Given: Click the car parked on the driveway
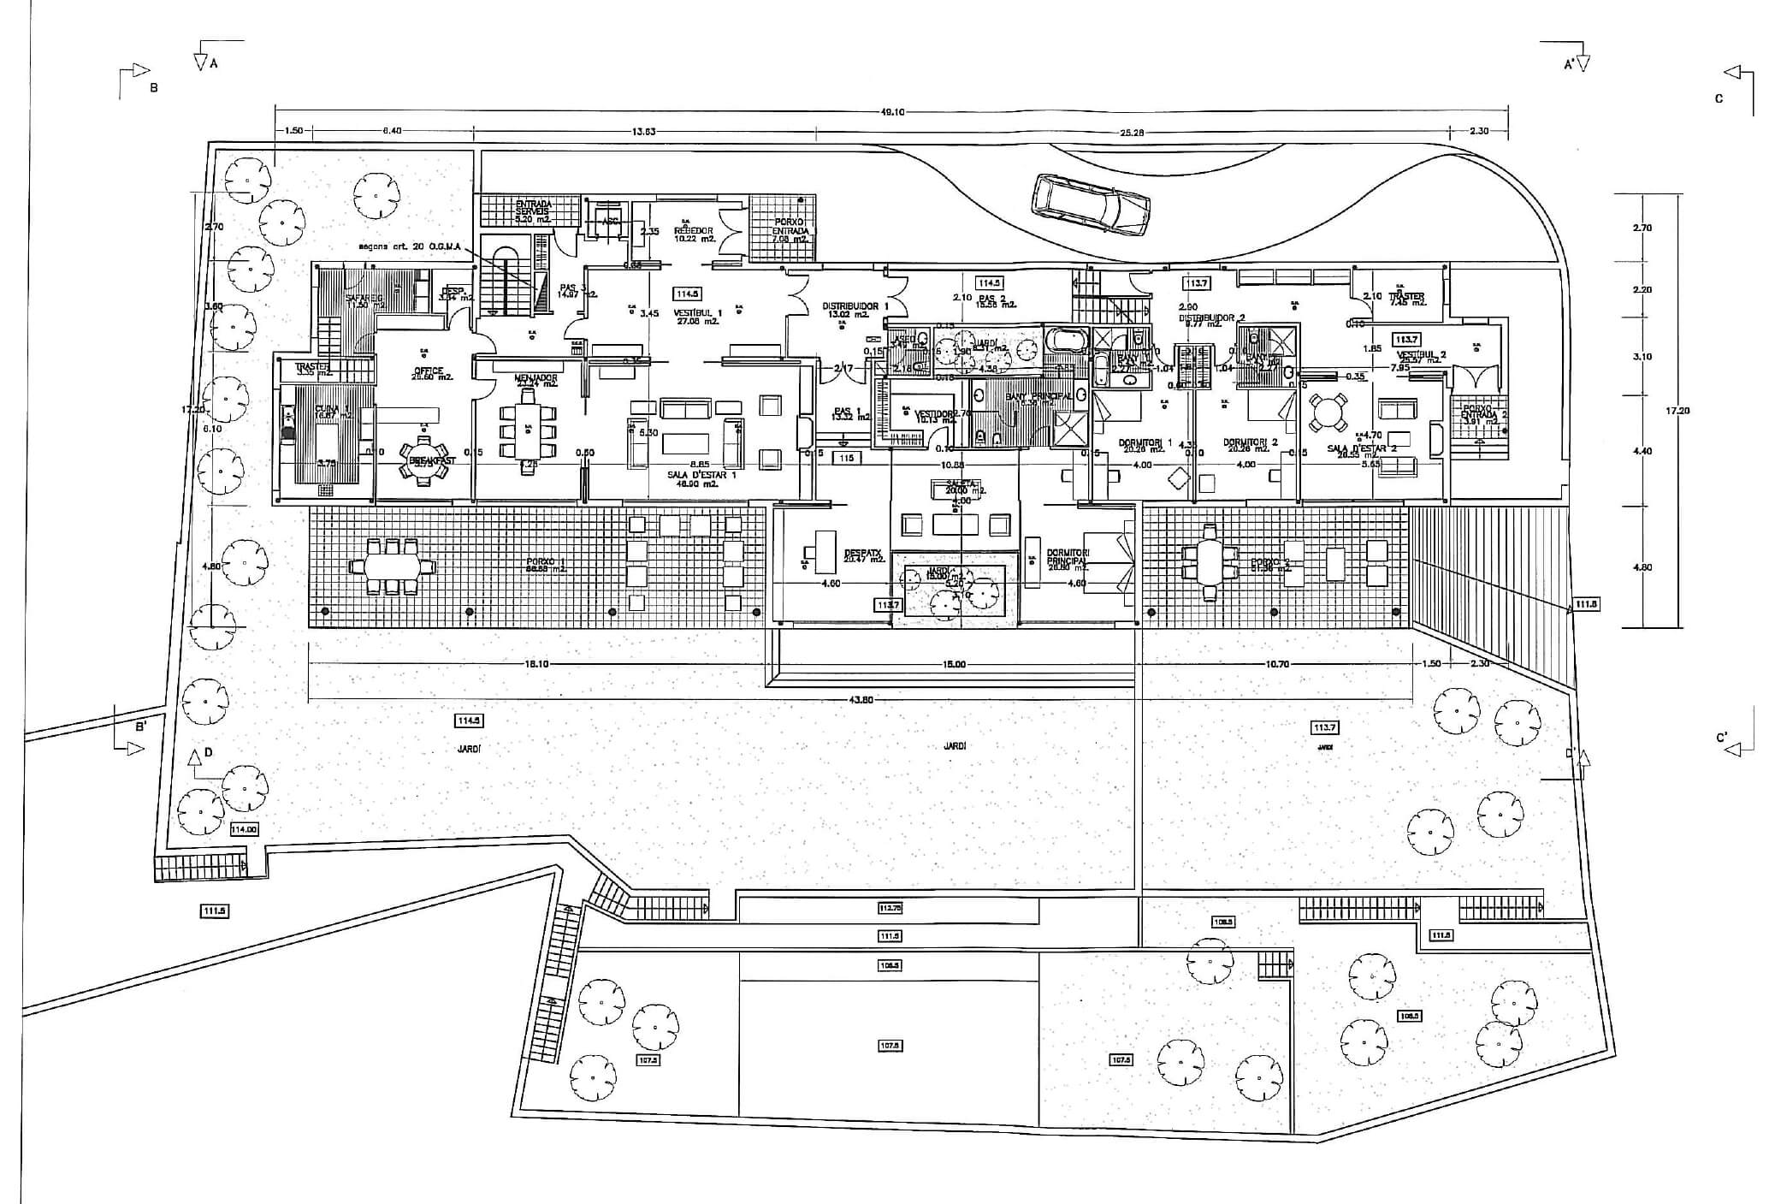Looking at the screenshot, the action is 1091,204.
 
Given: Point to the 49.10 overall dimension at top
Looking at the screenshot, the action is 891,110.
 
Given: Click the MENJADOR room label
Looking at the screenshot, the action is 536,377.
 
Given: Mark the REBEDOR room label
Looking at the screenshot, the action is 694,231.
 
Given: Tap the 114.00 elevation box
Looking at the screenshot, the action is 244,829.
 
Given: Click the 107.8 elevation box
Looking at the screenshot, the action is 890,1045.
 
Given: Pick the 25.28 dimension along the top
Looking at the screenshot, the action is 1131,133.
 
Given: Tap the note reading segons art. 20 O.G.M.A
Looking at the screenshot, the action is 410,246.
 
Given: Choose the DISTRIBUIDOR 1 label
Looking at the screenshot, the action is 855,306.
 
